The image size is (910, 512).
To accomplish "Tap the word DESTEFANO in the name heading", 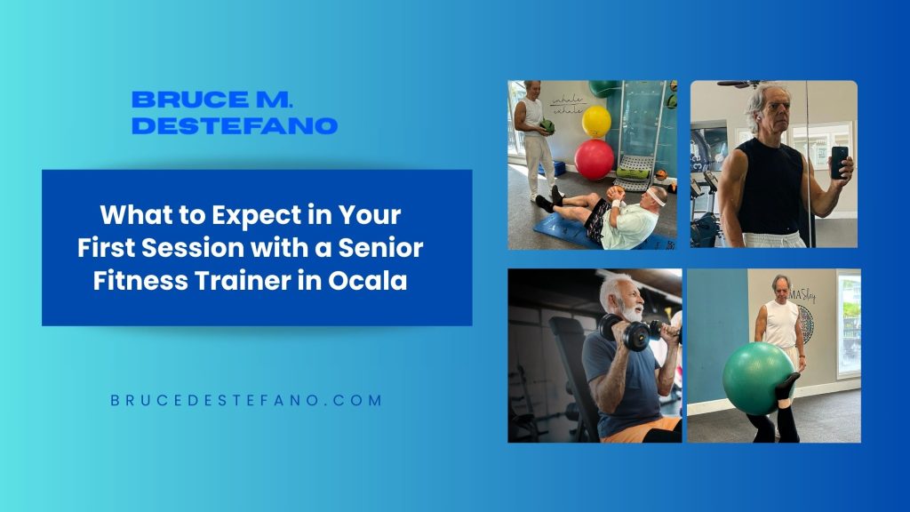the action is pos(235,125).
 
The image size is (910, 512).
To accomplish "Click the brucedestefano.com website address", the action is pos(246,400).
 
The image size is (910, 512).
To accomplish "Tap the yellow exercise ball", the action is pos(596,121).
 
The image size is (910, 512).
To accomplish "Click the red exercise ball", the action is pos(594,159).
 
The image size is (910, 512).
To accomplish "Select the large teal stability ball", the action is pos(757,379).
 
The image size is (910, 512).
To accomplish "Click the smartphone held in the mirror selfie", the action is pos(839,162).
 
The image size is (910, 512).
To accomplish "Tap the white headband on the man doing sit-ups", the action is pos(656,196).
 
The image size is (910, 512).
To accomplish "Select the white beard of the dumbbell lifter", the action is pos(633,312).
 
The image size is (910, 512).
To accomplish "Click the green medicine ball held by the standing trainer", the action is pos(547,126).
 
